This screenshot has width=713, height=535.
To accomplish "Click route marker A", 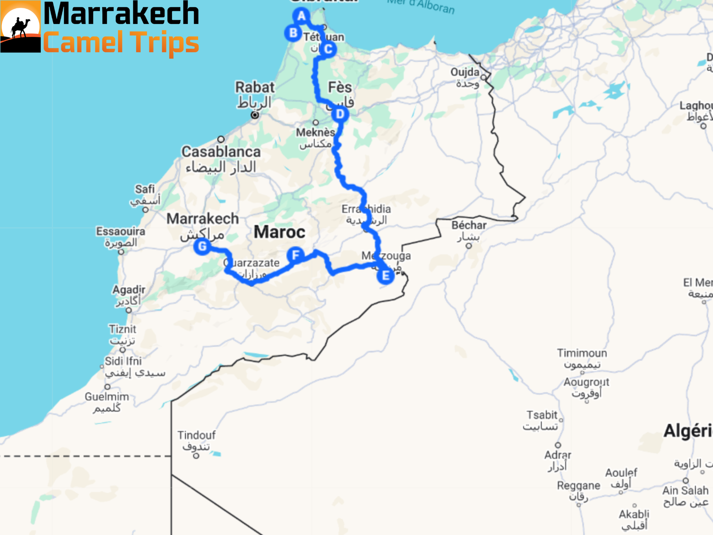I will [x=301, y=16].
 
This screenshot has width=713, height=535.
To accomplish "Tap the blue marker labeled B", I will [x=293, y=33].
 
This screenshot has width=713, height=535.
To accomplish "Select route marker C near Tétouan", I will [x=328, y=49].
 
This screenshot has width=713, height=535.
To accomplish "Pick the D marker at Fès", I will [x=340, y=114].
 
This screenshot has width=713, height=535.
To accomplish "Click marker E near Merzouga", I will [x=385, y=276].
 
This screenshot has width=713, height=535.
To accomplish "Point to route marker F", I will [x=296, y=255].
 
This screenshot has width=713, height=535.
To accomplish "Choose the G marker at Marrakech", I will [x=202, y=247].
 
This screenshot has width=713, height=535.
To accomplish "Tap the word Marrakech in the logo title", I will [x=121, y=14].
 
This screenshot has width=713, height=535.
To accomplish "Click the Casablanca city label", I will [x=221, y=152].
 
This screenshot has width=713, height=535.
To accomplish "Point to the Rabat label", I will [x=255, y=87].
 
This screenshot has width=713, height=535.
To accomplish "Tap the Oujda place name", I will [x=465, y=72].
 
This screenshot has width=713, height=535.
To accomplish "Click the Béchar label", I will [x=469, y=225].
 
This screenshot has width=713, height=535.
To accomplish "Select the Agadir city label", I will [x=128, y=290].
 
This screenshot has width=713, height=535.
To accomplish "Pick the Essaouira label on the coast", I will [x=120, y=231].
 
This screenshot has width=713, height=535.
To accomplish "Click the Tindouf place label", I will [x=196, y=435].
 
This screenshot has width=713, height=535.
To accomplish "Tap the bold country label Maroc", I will [x=279, y=232].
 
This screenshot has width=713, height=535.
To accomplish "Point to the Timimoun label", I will [x=582, y=353].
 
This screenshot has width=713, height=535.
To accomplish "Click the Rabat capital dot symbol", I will [x=255, y=115].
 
